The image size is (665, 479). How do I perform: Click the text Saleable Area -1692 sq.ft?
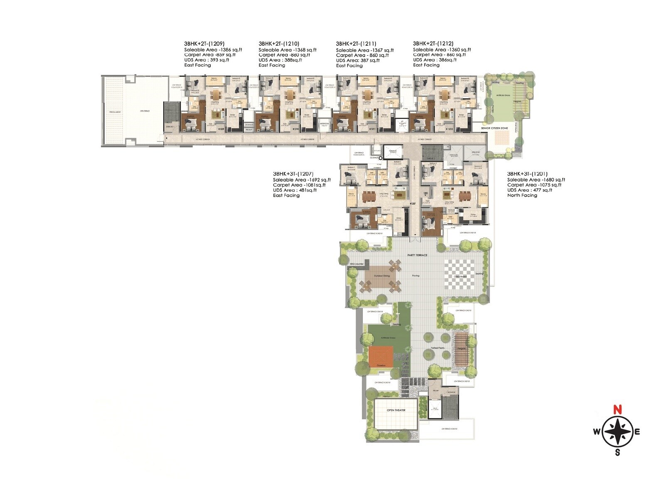[x=302, y=180]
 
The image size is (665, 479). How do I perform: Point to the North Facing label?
[x=522, y=195]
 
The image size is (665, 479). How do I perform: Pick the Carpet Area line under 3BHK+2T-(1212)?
[x=439, y=54]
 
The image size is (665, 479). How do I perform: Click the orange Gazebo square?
[x=381, y=357]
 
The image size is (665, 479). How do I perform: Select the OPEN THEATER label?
[x=396, y=410]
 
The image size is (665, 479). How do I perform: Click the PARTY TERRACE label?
[x=417, y=255]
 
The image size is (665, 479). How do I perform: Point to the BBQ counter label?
[x=357, y=264]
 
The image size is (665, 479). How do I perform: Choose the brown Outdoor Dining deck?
[x=381, y=276]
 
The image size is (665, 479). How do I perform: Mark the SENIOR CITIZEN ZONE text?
[x=495, y=128]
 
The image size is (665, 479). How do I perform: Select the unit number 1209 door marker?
[x=221, y=129]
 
